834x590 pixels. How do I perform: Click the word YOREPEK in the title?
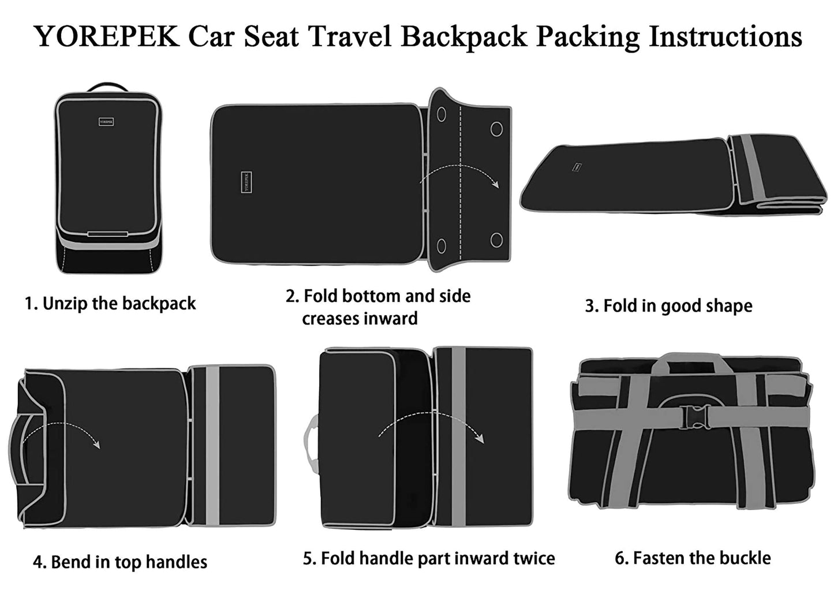coord(106,36)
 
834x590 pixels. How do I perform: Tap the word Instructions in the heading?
coord(725,36)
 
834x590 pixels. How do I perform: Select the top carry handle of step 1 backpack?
coord(107,87)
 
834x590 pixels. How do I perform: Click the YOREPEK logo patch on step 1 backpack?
coord(106,122)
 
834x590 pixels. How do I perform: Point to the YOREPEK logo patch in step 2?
coord(246,182)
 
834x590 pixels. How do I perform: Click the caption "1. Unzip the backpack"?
coord(110,304)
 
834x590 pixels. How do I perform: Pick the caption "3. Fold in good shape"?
coord(668,306)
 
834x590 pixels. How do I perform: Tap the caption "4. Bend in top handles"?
coord(120,562)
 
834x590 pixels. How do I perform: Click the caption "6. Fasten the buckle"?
coord(693,558)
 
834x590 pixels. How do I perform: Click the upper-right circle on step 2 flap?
coord(496,128)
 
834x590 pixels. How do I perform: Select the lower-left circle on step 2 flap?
coord(442,246)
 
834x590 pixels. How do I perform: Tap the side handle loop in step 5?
coord(311,438)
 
